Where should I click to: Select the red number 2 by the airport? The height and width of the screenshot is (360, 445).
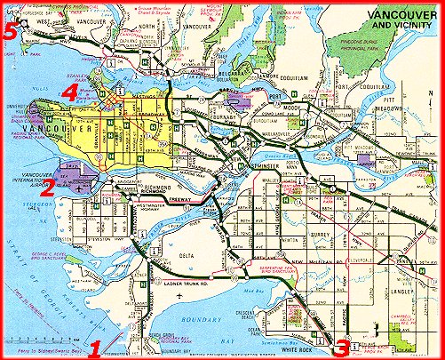pyautogui.click(x=49, y=186)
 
